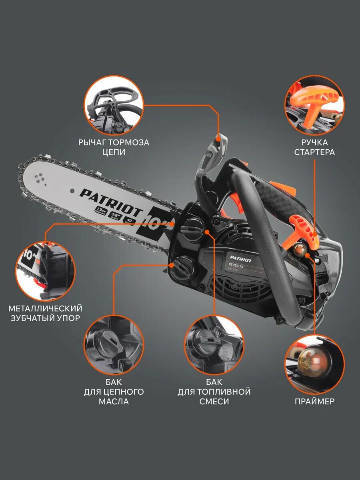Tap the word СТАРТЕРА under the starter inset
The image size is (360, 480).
coord(314,152)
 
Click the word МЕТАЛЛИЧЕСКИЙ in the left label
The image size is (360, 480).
coord(45,308)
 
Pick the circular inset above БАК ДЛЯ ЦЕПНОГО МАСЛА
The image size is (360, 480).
coord(114,345)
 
